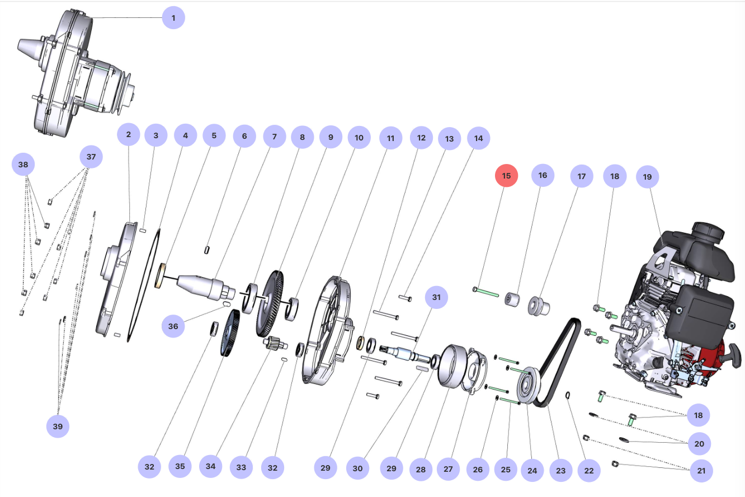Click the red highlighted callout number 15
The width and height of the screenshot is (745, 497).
click(x=506, y=176)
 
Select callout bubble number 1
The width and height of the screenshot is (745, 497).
click(x=173, y=18)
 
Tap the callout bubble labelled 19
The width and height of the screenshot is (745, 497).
click(x=647, y=177)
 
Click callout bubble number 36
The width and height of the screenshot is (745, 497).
click(x=173, y=326)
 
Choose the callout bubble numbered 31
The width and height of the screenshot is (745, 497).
click(x=436, y=298)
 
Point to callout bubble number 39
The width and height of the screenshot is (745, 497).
click(x=58, y=426)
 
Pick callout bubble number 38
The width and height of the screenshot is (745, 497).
click(x=23, y=165)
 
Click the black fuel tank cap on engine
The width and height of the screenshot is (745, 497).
click(x=709, y=229)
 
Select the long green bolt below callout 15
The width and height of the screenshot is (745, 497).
click(x=487, y=292)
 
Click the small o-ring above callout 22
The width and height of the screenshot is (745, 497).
click(x=568, y=396)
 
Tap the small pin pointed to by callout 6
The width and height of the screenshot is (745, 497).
click(x=207, y=250)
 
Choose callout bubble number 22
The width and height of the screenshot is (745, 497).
click(x=588, y=471)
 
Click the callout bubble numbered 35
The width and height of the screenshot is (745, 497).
click(x=180, y=466)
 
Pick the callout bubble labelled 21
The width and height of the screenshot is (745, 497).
click(x=701, y=471)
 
